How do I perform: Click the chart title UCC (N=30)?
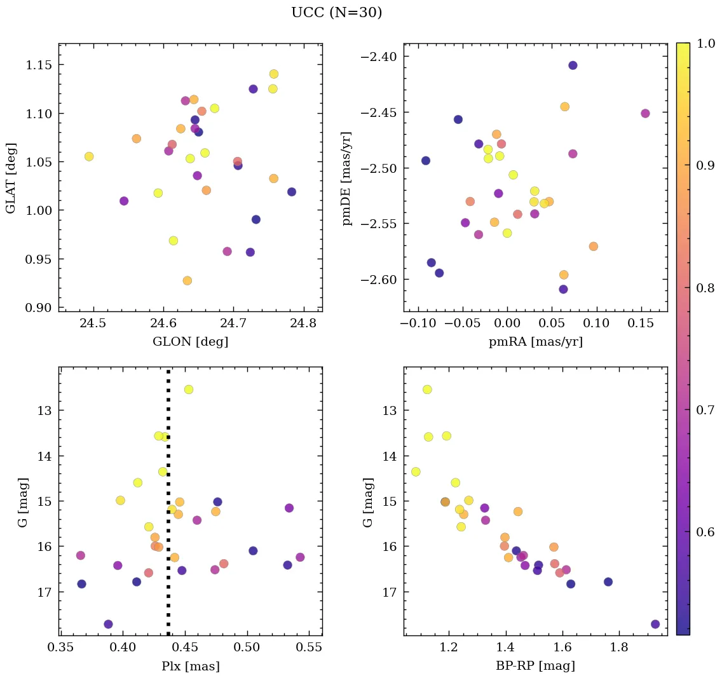[336, 13]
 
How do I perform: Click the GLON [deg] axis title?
[190, 342]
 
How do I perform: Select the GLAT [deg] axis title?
[11, 178]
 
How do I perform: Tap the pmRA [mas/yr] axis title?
[535, 342]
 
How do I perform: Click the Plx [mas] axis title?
[190, 666]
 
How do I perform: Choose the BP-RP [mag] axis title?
[535, 666]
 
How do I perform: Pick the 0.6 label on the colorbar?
[704, 531]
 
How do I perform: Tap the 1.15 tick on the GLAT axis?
[39, 65]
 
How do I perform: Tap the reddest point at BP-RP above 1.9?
[655, 624]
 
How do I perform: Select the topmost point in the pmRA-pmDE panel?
[573, 65]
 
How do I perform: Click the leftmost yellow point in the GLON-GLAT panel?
[89, 156]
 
